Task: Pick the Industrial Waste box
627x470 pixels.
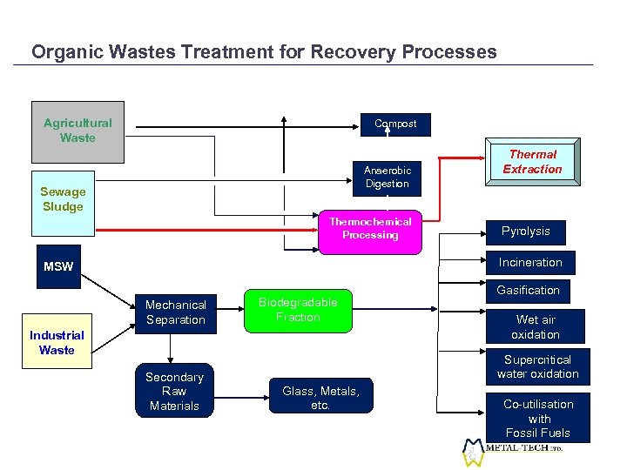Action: pos(57,342)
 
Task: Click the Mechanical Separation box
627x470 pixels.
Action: pos(175,312)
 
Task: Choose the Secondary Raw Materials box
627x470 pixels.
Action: pos(174,391)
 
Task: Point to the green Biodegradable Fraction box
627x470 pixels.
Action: pos(298,310)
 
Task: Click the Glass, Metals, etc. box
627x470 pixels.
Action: pos(320,398)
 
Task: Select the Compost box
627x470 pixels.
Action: pos(395,124)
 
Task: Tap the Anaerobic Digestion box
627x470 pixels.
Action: pos(387,178)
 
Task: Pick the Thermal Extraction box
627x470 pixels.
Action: pos(532,162)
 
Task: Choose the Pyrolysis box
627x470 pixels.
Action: pos(525,232)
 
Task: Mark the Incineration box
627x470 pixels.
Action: pos(530,262)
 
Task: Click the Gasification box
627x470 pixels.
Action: pos(528,290)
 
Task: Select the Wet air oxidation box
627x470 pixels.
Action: pos(536,327)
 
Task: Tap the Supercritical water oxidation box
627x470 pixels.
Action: pos(537,366)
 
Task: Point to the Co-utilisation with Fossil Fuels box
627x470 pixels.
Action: pos(538,418)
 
